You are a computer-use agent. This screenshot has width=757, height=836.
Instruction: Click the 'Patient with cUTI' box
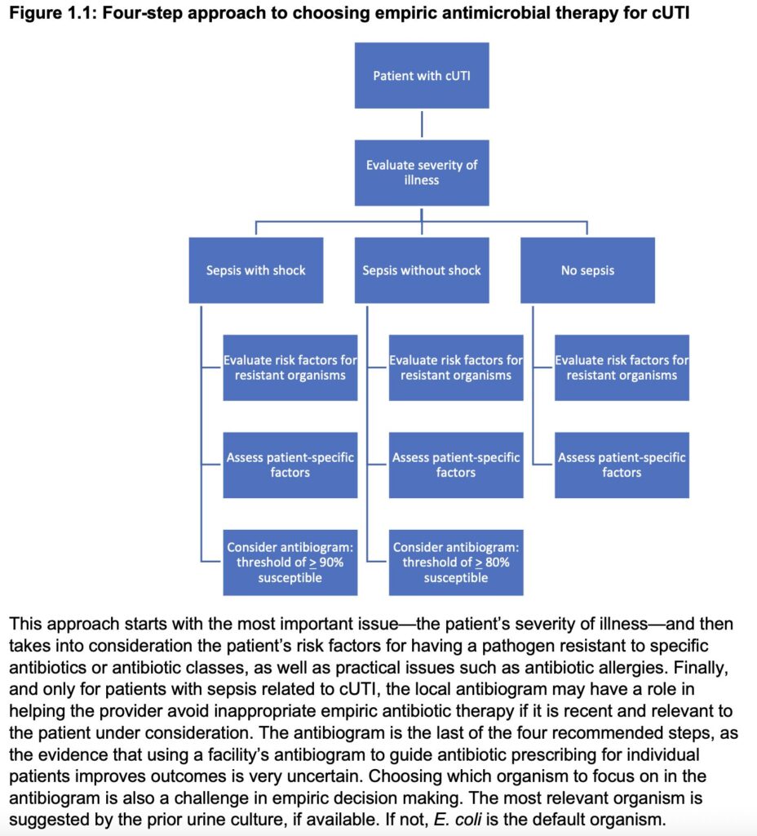(x=421, y=76)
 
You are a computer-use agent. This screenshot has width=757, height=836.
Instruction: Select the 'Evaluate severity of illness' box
(x=421, y=172)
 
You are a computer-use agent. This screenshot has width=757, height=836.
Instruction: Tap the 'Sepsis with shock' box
(x=256, y=270)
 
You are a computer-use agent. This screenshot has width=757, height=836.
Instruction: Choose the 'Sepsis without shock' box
(x=422, y=270)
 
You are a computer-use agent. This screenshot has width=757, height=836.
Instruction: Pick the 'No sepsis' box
(x=587, y=270)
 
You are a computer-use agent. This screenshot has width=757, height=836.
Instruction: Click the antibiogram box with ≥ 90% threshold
(x=290, y=563)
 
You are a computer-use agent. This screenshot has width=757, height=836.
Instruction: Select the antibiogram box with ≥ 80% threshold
(x=456, y=563)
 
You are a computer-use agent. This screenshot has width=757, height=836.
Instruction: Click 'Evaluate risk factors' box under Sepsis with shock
(x=290, y=367)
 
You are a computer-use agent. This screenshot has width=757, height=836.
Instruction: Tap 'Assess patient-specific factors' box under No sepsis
(x=622, y=465)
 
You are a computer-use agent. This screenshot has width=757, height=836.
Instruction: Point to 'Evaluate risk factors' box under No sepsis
(x=622, y=367)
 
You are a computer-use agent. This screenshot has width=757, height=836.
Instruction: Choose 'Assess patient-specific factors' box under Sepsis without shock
(x=456, y=465)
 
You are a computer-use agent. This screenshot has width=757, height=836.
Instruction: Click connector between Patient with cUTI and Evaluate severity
(x=422, y=124)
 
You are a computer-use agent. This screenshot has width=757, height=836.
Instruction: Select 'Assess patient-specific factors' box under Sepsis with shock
(x=290, y=465)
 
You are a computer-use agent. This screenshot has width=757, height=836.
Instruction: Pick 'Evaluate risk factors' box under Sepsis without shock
(x=456, y=367)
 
